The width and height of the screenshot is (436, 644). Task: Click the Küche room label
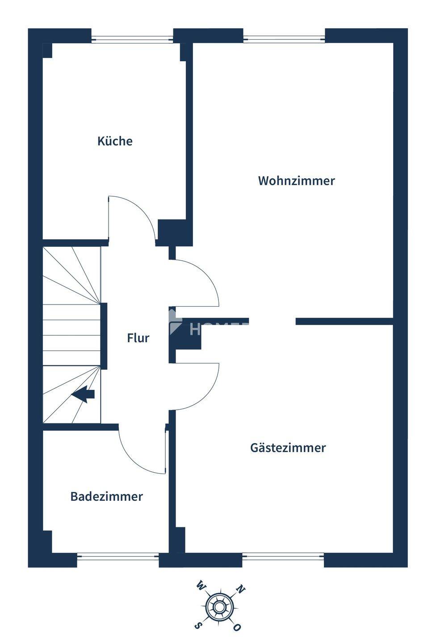coord(115,141)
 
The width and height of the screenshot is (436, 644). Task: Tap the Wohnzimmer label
coord(296,181)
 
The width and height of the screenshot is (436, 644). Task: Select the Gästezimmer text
coord(288,448)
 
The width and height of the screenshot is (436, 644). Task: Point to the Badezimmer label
coord(106,496)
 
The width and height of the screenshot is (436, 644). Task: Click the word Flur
coord(138,338)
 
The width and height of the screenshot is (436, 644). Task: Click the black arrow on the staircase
coord(84,394)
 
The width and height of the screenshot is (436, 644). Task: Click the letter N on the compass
coord(240,589)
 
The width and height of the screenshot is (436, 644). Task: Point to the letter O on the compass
coord(237,627)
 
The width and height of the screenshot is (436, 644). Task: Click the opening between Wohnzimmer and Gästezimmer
coord(272,321)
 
